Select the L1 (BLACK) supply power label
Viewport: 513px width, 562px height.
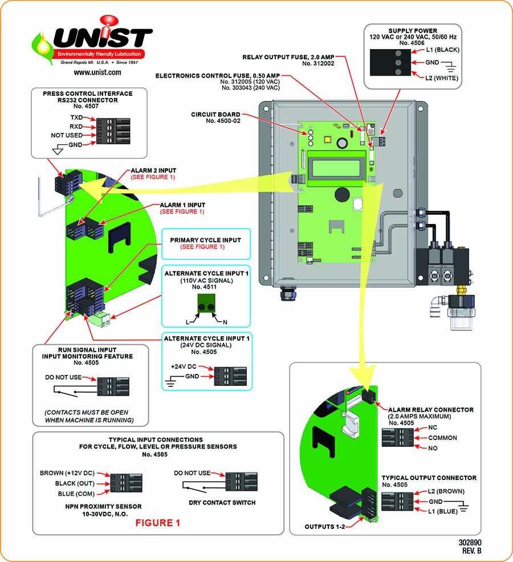point(443,50)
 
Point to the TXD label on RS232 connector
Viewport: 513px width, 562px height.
point(76,116)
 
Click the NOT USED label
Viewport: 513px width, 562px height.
point(67,135)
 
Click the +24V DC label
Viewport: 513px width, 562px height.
point(184,366)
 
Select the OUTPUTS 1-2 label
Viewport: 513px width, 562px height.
point(327,526)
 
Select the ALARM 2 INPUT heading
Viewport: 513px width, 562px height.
point(153,170)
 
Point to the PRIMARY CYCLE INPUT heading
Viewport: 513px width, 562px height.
point(201,240)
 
